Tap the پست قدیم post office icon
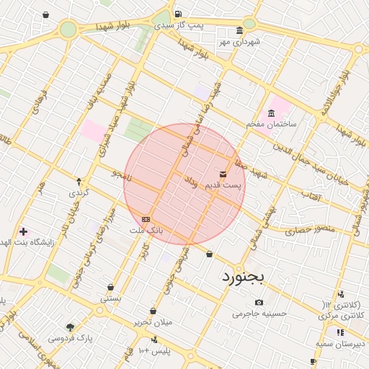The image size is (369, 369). point(223,174)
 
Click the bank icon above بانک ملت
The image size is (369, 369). point(146,218)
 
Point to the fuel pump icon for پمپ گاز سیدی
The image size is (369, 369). point(178,14)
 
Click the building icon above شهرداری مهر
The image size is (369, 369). point(240,31)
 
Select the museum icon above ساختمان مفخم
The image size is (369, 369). point(271,113)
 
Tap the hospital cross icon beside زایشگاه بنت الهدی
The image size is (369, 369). point(24,231)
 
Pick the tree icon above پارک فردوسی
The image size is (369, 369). point(70,326)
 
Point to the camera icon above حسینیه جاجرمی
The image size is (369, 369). point(259,303)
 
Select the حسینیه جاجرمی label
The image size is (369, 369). point(259,314)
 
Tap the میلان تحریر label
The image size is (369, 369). point(153,321)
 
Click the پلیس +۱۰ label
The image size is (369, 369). point(154,350)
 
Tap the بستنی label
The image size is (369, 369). point(111,297)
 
